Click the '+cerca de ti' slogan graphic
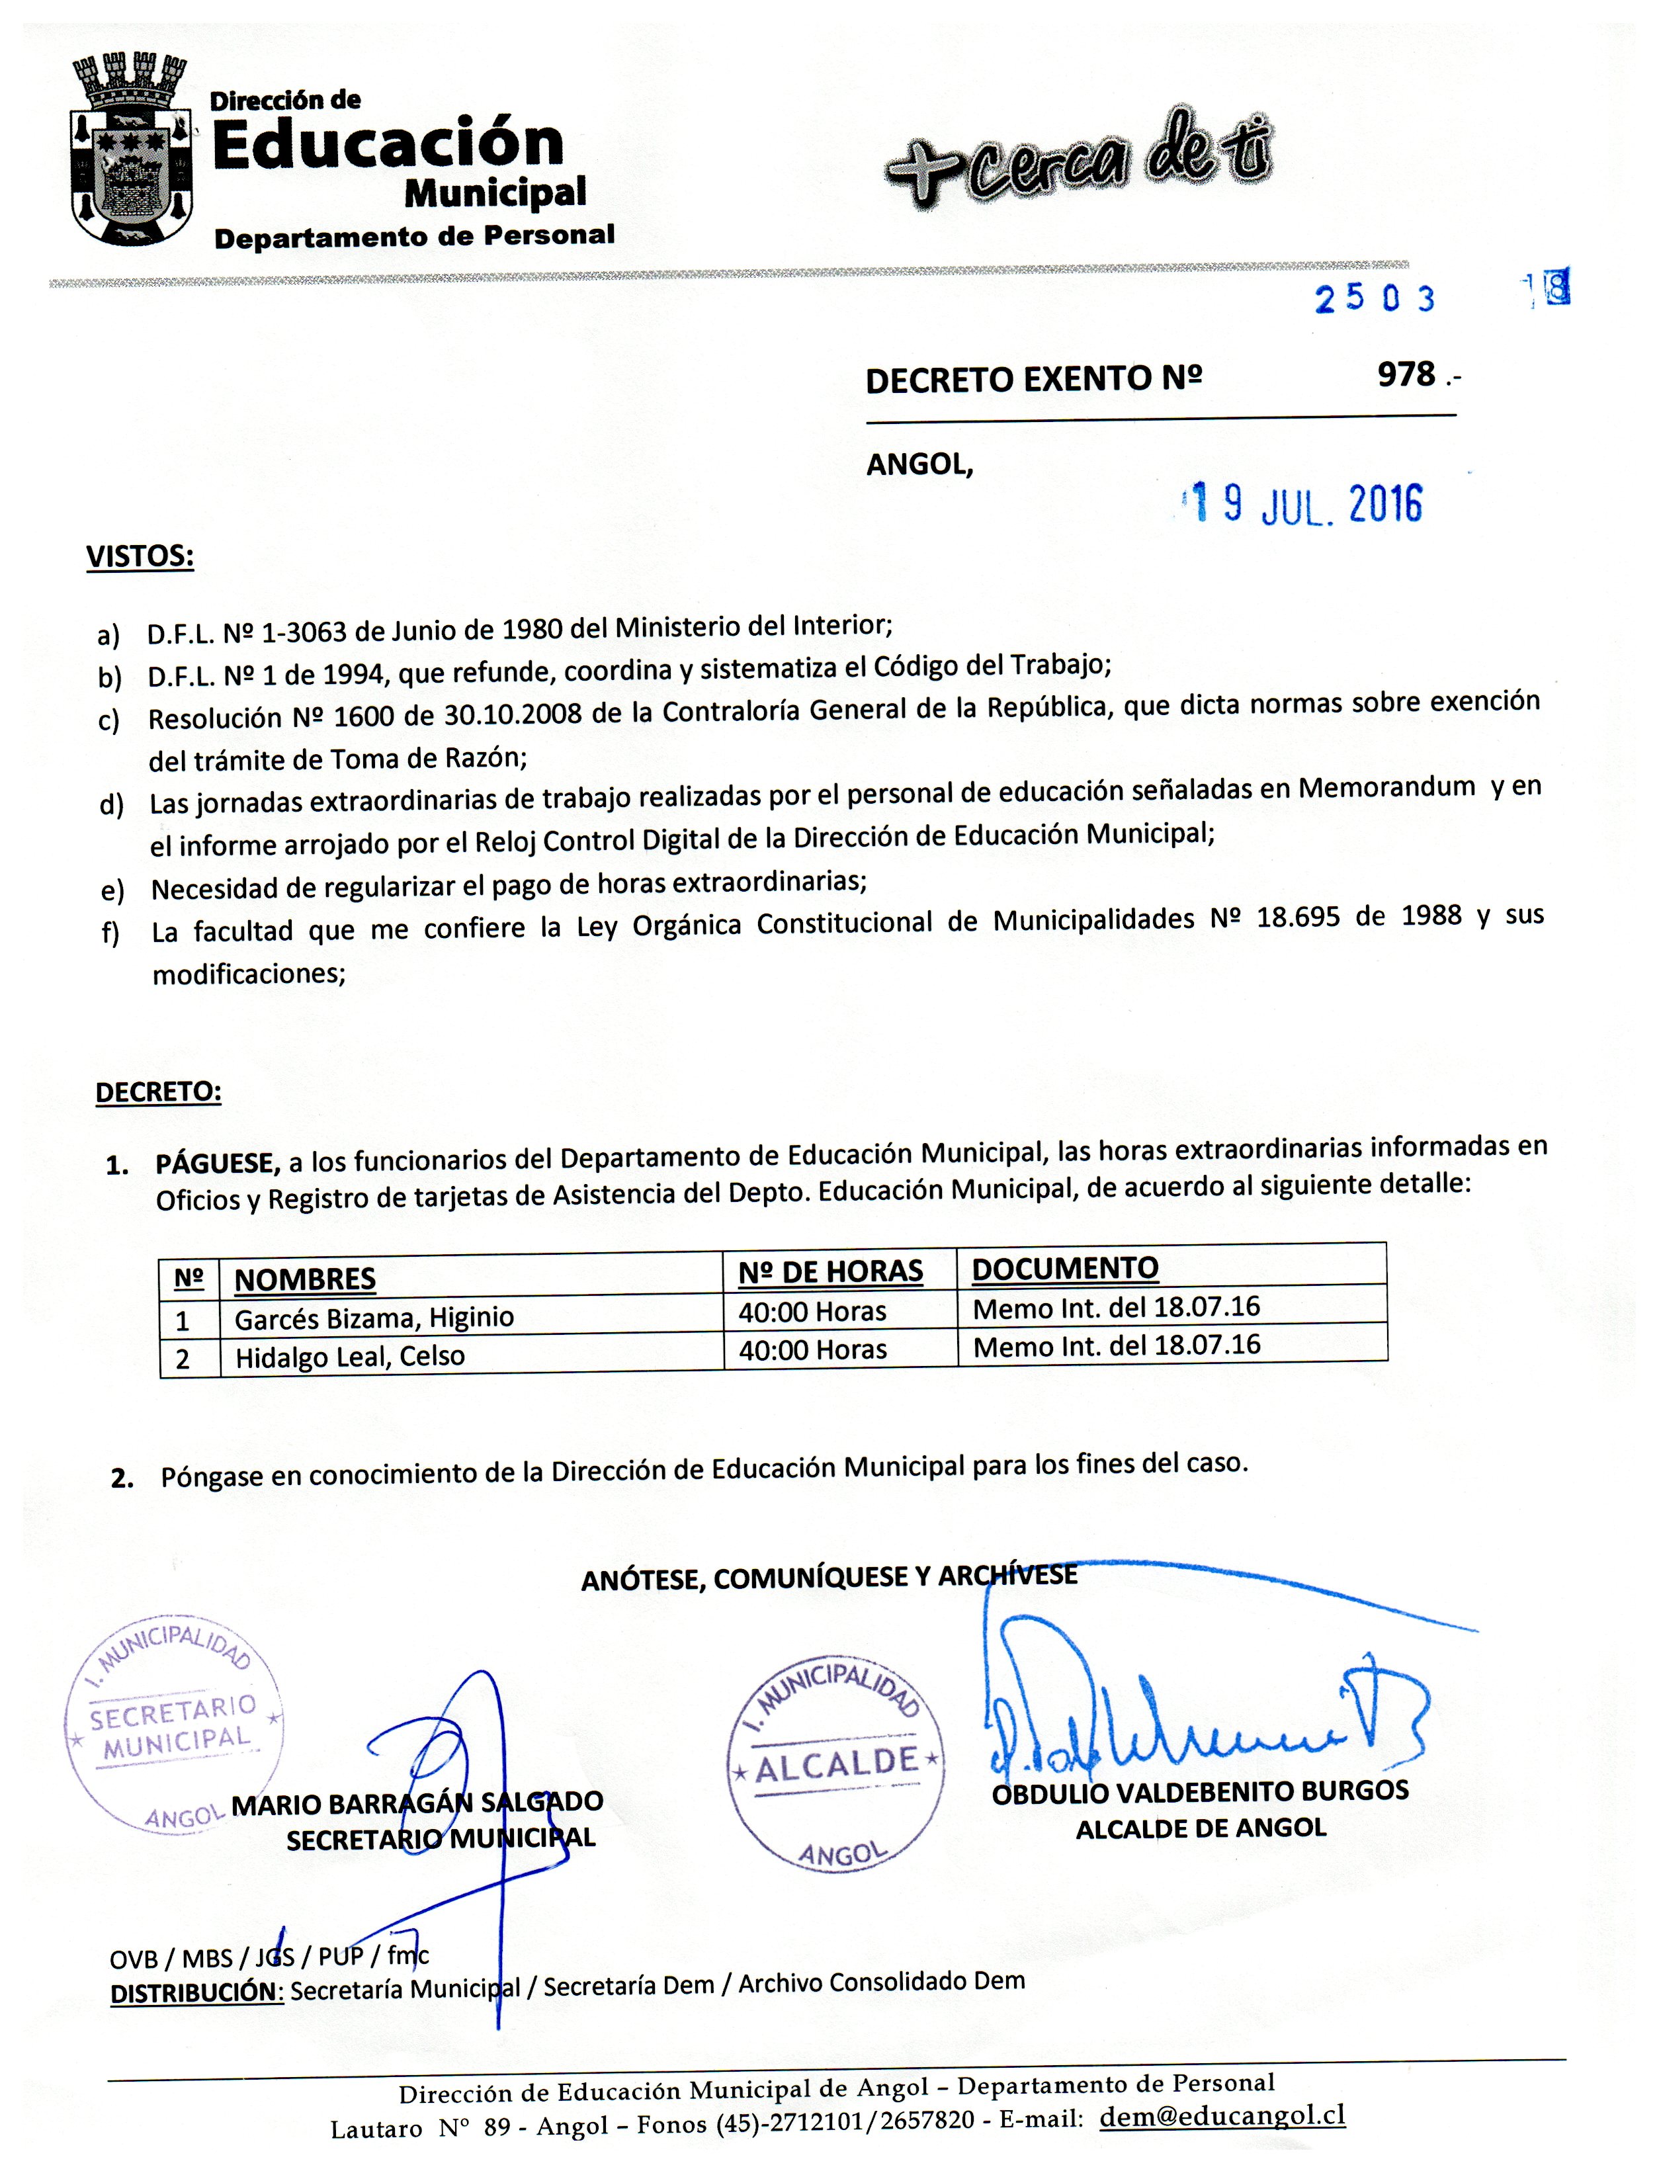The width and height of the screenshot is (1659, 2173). click(x=1078, y=161)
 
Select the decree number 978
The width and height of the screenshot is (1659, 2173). click(x=1406, y=375)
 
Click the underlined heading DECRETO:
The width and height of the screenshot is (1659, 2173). click(x=158, y=1092)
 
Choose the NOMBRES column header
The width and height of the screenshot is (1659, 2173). click(x=304, y=1279)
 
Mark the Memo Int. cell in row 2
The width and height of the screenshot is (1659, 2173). click(x=1116, y=1345)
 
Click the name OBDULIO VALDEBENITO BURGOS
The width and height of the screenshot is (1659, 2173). click(x=1200, y=1792)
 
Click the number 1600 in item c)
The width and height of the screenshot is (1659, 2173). click(x=364, y=715)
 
